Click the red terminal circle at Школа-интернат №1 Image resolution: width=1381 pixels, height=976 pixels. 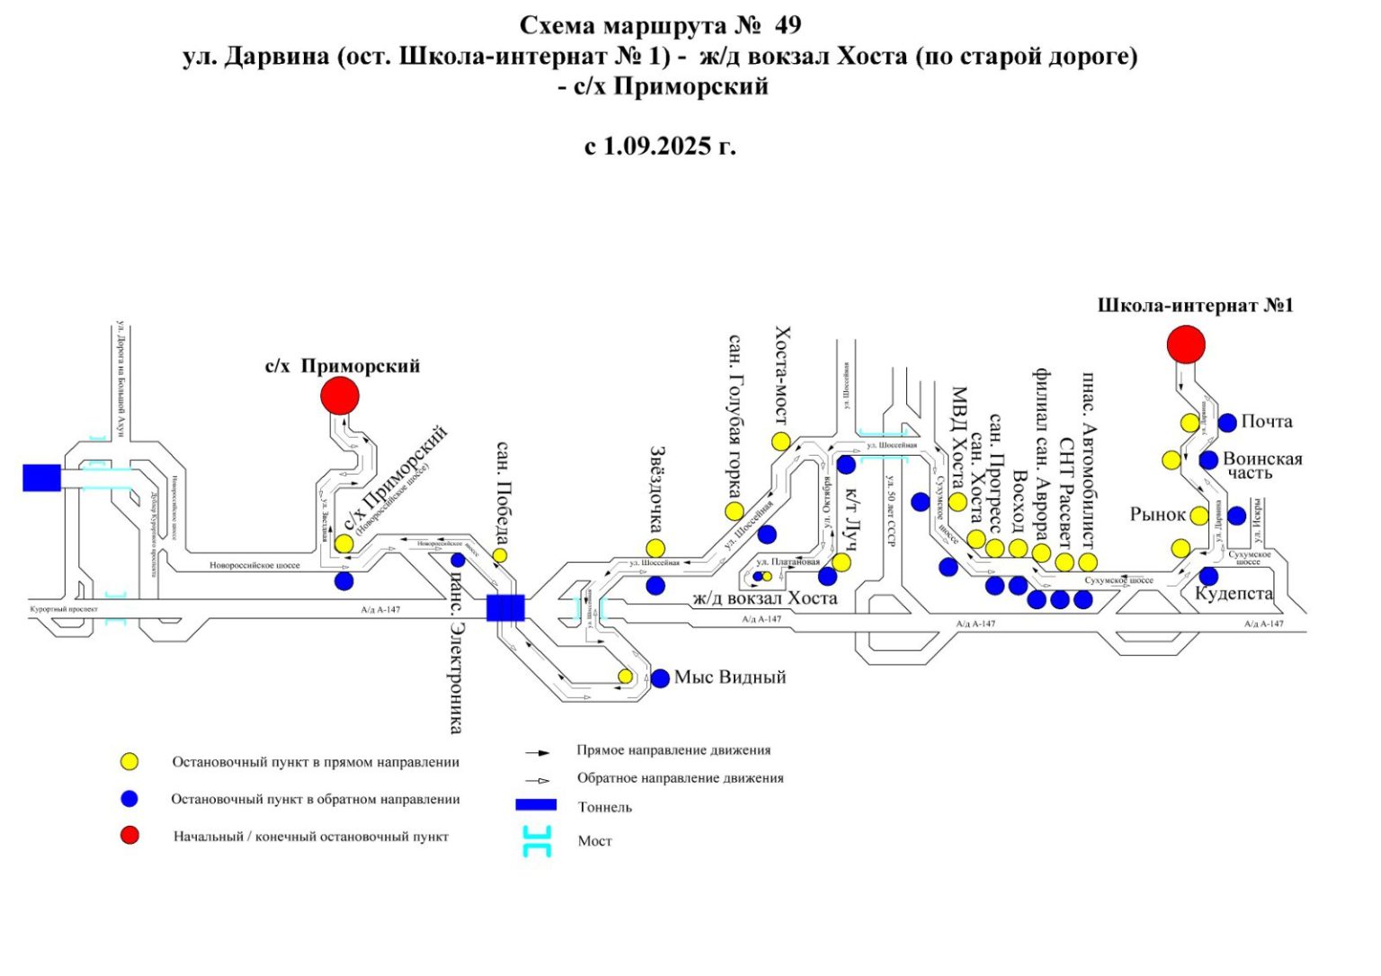pos(1186,345)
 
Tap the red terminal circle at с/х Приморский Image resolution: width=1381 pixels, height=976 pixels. pos(340,395)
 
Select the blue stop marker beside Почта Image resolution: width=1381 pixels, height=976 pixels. pos(1227,422)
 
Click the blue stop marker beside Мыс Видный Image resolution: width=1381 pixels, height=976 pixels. pos(660,679)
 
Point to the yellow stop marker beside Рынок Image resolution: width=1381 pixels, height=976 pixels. pos(1199,516)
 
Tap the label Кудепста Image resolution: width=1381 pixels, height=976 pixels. pos(1234,594)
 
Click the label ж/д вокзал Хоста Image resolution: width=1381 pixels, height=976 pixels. pos(764,599)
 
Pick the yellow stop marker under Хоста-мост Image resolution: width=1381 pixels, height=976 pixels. pos(780,441)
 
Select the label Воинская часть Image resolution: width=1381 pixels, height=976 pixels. pos(1261,466)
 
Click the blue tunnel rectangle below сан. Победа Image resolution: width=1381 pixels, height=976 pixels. pos(505,608)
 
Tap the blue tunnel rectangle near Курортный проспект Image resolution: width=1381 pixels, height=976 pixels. pos(41,477)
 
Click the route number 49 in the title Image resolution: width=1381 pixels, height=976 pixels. pos(786,25)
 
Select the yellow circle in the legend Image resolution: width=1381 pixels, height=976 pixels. pos(130,761)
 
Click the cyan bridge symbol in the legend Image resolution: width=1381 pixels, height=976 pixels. pos(537,841)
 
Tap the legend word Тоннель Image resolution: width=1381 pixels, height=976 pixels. pos(604,807)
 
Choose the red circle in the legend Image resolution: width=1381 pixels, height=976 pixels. pos(130,836)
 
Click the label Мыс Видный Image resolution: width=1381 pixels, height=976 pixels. pos(729,678)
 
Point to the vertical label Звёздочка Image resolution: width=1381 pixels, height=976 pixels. pos(657,489)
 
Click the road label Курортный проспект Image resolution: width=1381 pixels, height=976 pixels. pos(58,609)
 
